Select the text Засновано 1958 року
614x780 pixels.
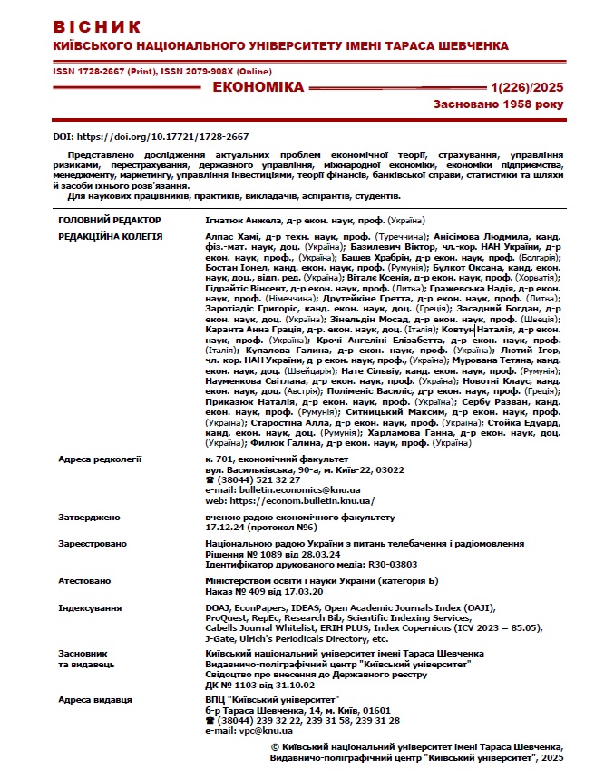click(498, 104)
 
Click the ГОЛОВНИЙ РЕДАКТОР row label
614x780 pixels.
click(109, 221)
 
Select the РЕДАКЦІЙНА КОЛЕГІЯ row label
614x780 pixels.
click(110, 236)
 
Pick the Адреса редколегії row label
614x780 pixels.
click(100, 459)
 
